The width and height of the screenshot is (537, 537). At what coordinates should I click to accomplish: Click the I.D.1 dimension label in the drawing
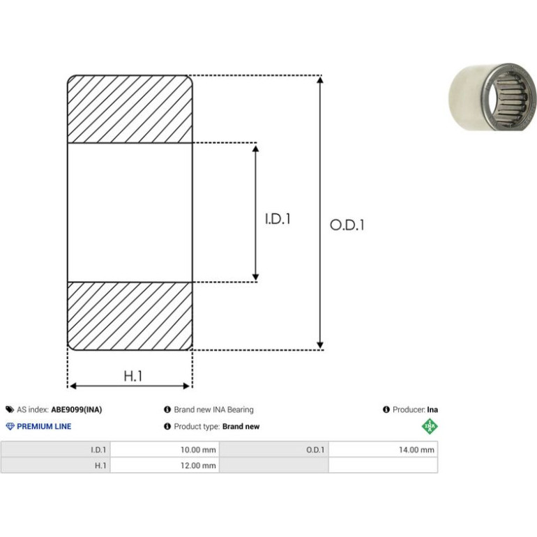point(278,219)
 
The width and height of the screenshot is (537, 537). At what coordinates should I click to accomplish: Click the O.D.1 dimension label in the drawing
point(347,225)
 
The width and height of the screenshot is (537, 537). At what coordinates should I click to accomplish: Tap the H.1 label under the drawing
point(133,376)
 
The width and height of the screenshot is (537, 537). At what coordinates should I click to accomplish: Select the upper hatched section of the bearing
point(130,109)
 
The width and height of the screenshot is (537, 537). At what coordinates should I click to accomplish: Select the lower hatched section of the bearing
point(130,316)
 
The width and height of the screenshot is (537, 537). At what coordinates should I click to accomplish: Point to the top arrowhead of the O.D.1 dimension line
point(320,80)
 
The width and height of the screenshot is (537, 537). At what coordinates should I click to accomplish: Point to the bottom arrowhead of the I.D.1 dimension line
point(255,277)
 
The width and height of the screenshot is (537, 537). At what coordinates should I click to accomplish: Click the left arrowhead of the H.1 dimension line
point(73,386)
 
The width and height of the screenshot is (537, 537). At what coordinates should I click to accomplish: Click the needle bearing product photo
point(492,97)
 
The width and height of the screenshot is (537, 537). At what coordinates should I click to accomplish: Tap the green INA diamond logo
point(430,426)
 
